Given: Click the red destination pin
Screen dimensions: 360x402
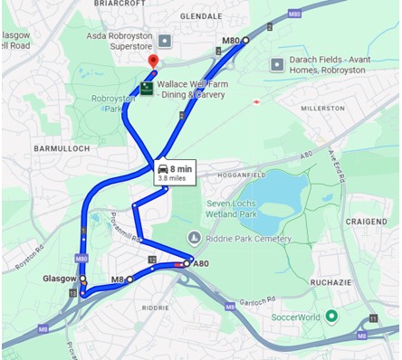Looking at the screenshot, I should [x=153, y=62].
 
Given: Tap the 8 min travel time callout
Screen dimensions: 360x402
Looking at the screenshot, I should [x=172, y=172].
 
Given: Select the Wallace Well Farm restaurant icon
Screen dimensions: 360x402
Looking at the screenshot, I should [x=146, y=88].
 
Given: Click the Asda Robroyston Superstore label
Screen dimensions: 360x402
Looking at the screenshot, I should [x=119, y=40].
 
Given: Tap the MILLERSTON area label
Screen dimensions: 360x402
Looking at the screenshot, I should [x=324, y=108].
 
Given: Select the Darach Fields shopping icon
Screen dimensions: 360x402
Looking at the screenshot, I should [x=277, y=64].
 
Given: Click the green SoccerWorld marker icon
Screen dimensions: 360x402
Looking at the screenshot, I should [x=331, y=316].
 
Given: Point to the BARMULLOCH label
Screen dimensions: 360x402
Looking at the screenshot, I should [x=61, y=147].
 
